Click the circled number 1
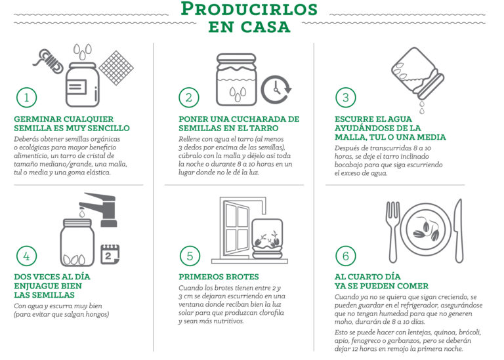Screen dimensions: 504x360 [x=27, y=97]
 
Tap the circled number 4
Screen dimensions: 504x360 [x=27, y=256]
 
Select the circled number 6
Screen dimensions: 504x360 [x=346, y=256]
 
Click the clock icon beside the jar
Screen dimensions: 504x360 [x=276, y=90]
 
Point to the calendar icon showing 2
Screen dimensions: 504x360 [x=110, y=254]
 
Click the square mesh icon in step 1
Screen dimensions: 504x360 [x=116, y=68]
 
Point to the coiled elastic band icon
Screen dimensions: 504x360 [x=48, y=61]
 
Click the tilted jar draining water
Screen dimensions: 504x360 [x=417, y=73]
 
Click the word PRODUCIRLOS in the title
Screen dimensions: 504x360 [x=249, y=9]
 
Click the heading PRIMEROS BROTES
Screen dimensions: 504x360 [x=219, y=277]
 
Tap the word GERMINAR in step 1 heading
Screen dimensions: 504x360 [x=37, y=119]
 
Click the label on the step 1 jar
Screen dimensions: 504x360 [x=77, y=87]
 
